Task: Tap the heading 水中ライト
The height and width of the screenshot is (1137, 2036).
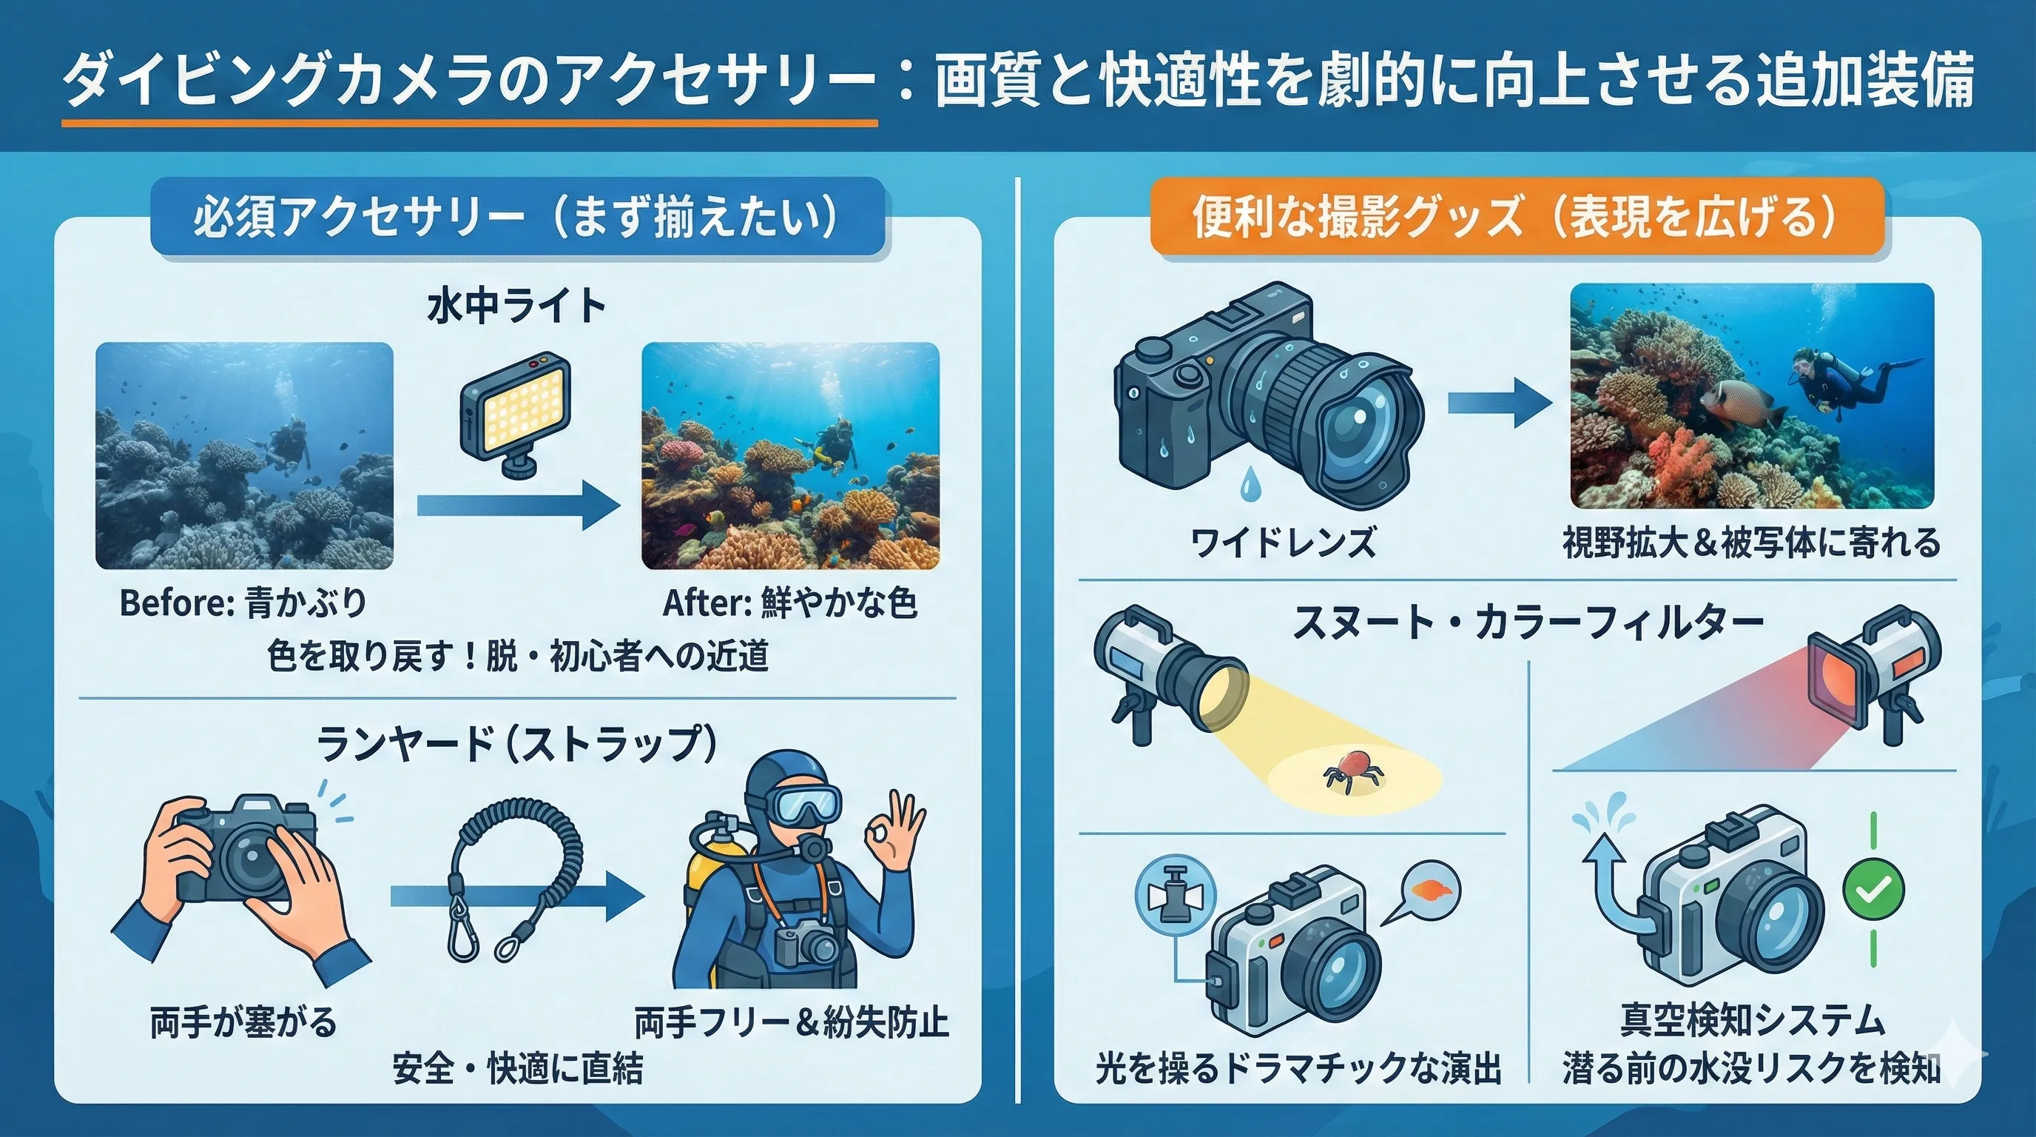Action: [516, 306]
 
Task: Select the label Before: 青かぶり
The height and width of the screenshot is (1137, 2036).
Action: [243, 603]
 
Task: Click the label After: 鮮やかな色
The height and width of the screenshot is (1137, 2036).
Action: [789, 603]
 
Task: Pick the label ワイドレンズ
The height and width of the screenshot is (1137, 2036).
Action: [1283, 544]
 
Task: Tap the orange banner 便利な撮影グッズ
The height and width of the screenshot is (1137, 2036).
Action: [1516, 218]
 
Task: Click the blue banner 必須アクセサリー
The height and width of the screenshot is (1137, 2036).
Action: [517, 218]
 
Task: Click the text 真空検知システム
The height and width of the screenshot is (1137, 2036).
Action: [1752, 1020]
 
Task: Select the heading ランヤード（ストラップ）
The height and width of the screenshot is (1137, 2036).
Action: [518, 743]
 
